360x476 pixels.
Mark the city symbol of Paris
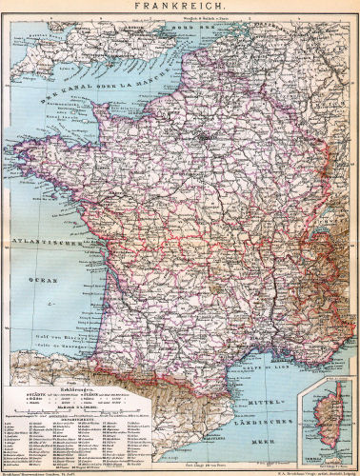[x=202, y=139]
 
